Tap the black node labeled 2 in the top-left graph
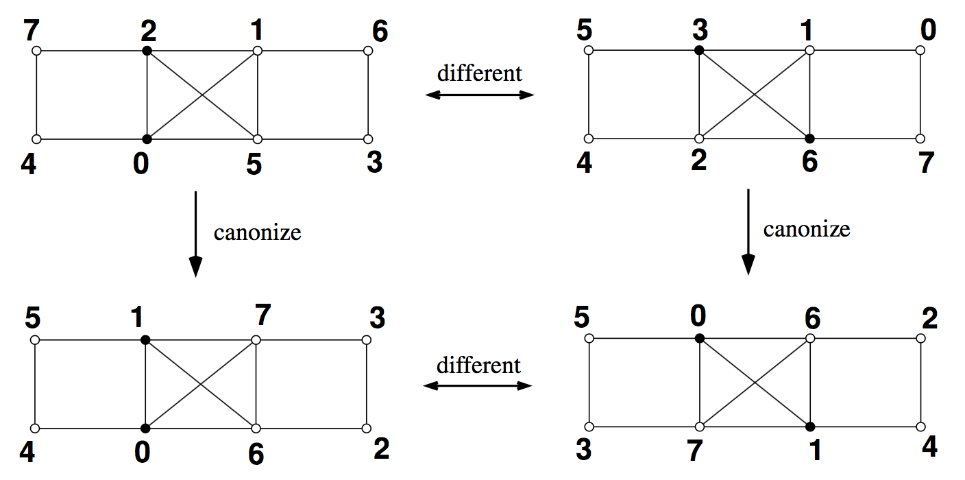(x=147, y=51)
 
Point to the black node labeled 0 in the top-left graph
(x=147, y=139)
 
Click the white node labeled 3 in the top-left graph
(x=367, y=139)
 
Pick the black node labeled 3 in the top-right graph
(x=698, y=50)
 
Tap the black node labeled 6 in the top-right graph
(x=809, y=138)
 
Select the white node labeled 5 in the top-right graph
(x=589, y=50)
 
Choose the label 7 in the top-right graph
(x=927, y=165)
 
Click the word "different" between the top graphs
(x=480, y=73)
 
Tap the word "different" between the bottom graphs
(x=479, y=365)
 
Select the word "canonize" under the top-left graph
(x=257, y=232)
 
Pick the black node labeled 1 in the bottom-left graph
(x=145, y=339)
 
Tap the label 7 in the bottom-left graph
(x=262, y=317)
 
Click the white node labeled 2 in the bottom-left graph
(x=366, y=428)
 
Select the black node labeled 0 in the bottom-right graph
(x=698, y=338)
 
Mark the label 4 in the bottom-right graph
(x=929, y=447)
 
